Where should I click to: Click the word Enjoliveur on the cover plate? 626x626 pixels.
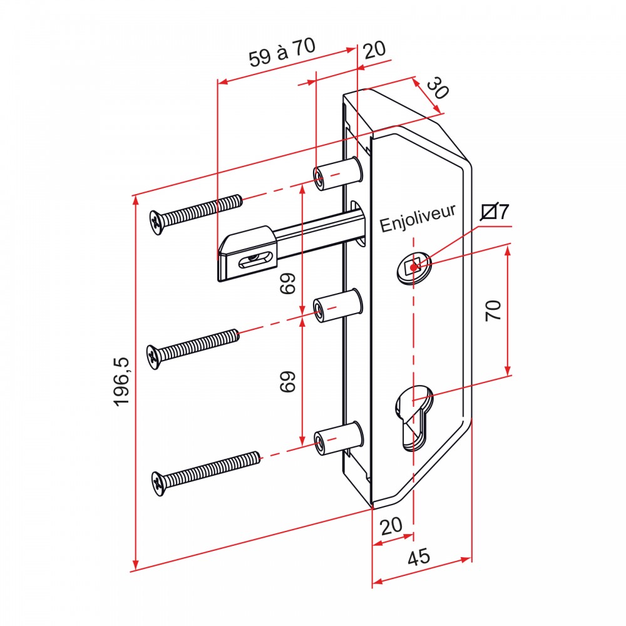click(418, 218)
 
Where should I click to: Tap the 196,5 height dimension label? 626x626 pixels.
click(122, 382)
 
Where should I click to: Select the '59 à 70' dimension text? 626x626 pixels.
click(282, 53)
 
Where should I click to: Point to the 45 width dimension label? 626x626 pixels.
click(419, 557)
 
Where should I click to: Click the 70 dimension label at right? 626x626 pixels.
click(493, 310)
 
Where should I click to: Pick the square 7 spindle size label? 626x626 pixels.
click(495, 212)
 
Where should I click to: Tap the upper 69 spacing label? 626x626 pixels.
click(287, 284)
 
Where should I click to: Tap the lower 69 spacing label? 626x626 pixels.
click(287, 381)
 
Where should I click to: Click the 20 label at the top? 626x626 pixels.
click(375, 50)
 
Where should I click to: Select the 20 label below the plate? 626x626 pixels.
click(391, 526)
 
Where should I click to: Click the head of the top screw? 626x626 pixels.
click(157, 222)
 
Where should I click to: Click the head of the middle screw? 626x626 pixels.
click(154, 357)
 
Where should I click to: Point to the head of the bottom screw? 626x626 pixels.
click(159, 484)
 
